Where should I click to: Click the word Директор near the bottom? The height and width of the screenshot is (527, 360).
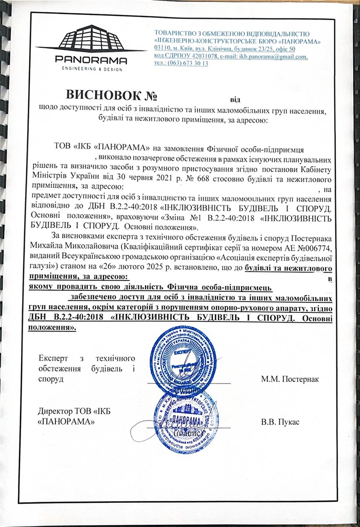[55, 411]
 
